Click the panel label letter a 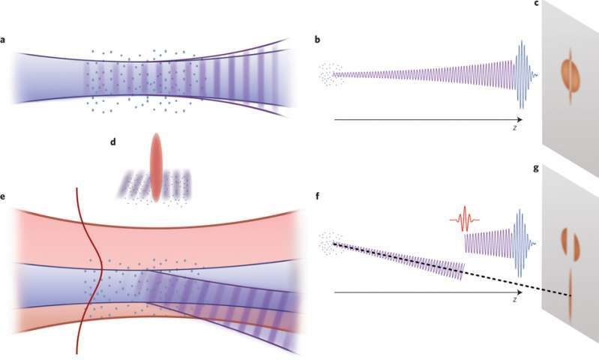tap(3, 40)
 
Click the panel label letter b tap(317, 39)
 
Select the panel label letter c tap(537, 4)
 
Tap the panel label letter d tap(112, 142)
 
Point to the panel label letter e tap(3, 196)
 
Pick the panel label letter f tap(317, 196)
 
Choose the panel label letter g tap(536, 169)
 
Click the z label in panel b tap(515, 128)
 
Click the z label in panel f tap(515, 300)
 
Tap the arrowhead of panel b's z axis tap(520, 120)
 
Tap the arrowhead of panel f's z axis tap(520, 292)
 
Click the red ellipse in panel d tap(156, 167)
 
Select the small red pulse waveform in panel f tap(465, 219)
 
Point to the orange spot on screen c tap(571, 75)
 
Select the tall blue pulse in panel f tap(520, 243)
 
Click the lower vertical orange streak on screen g tap(570, 295)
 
